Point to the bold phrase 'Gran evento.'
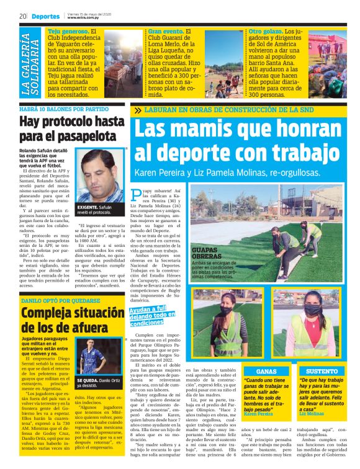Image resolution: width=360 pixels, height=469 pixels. pyautogui.click(x=166, y=30)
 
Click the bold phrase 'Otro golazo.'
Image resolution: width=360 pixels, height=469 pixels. pyautogui.click(x=266, y=30)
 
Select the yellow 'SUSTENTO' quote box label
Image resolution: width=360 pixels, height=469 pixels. pyautogui.click(x=322, y=371)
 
